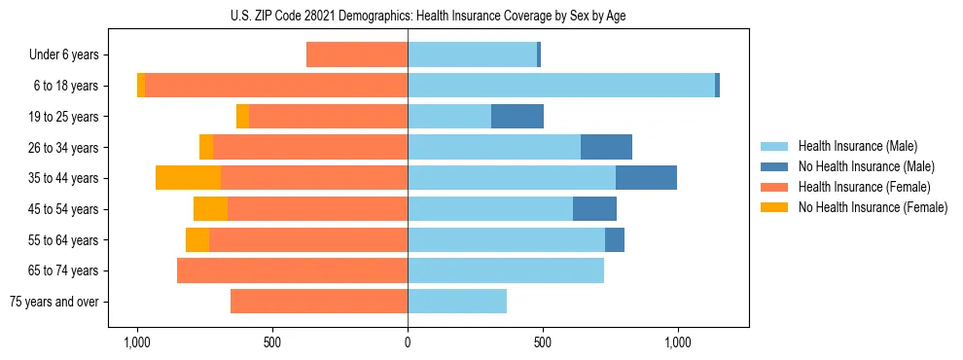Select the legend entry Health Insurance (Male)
[x=853, y=146]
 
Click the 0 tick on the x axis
[x=408, y=342]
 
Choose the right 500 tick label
[x=543, y=342]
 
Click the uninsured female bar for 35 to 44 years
[x=188, y=178]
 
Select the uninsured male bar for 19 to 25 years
[x=517, y=117]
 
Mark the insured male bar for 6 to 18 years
[x=561, y=86]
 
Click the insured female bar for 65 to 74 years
[x=292, y=270]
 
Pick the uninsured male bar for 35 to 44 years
[x=646, y=178]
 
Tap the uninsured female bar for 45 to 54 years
[x=210, y=209]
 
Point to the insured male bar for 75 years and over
[x=457, y=302]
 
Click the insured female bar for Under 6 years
[x=357, y=55]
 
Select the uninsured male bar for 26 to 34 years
[x=606, y=147]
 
